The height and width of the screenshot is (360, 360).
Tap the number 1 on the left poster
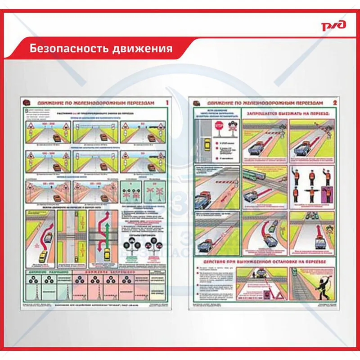167,103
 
